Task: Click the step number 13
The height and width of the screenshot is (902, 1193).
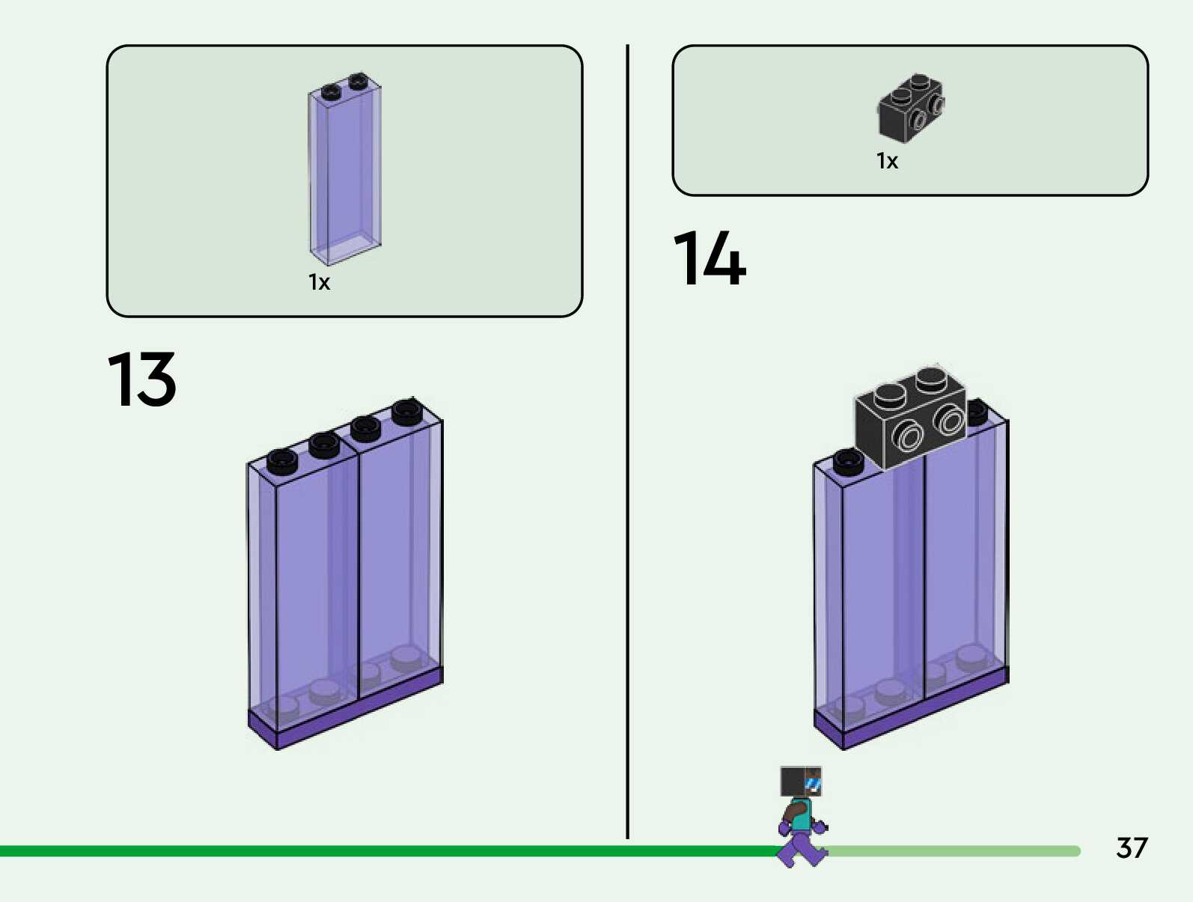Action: [x=142, y=380]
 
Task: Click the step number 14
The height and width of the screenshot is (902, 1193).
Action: [x=709, y=259]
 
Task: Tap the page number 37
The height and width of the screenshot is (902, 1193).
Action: [x=1131, y=848]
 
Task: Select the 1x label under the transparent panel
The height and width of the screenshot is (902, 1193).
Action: [x=319, y=282]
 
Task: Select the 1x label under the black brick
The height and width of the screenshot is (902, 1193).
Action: [x=887, y=161]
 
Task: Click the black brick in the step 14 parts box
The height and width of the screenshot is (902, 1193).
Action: [x=910, y=109]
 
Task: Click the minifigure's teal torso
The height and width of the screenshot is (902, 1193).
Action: [x=802, y=814]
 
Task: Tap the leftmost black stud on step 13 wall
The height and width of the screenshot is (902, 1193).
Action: [x=282, y=460]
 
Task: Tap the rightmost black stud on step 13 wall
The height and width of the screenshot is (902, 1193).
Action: [x=406, y=411]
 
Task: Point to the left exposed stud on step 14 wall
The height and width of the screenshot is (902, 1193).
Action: [x=848, y=460]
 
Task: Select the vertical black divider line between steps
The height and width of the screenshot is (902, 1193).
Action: [x=627, y=442]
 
